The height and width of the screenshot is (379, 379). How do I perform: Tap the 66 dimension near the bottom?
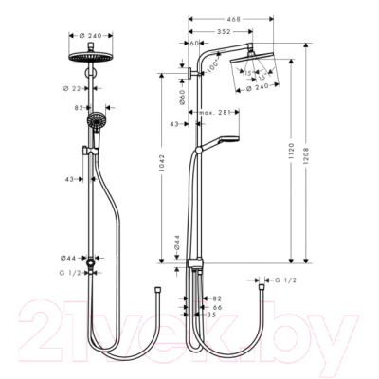click(x=216, y=308)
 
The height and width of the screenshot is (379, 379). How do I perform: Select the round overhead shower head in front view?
click(x=91, y=55)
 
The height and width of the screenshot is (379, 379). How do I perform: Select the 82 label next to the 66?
click(x=216, y=298)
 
